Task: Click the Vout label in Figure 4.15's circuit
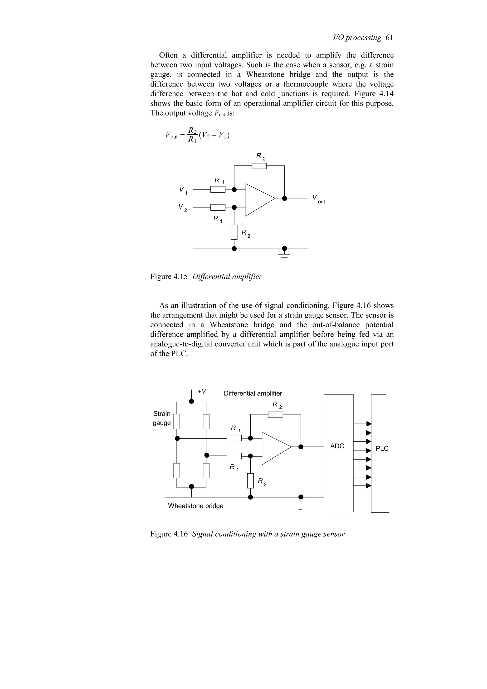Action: tap(318, 199)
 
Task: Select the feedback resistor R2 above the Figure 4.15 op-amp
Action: tap(259, 166)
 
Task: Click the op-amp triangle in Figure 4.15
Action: tap(258, 199)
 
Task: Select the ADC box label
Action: tap(337, 446)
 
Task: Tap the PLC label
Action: tap(382, 449)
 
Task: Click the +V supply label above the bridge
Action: tap(202, 391)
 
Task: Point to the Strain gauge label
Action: tap(162, 418)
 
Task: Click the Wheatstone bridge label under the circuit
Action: tap(196, 506)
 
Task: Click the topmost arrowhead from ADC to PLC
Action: tap(369, 424)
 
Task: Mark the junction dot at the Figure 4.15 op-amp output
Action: tap(284, 198)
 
